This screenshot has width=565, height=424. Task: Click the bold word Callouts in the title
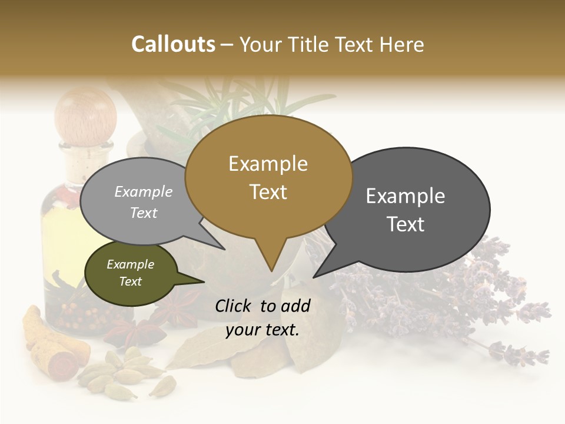point(173,44)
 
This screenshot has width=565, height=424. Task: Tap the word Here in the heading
point(401,44)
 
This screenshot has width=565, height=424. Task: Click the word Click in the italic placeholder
point(234,306)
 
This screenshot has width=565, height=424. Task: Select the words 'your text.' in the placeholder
point(262,330)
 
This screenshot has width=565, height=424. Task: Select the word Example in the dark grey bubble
point(406,196)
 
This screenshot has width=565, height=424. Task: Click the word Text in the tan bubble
point(268,191)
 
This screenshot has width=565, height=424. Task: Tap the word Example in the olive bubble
point(130,264)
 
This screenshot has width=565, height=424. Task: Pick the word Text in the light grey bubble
point(144,213)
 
